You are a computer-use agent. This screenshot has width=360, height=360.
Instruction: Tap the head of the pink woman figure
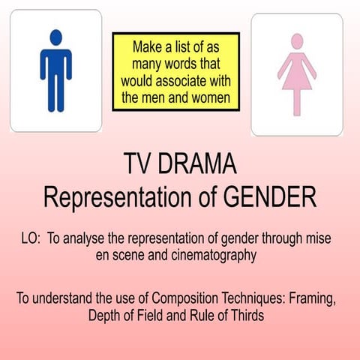[296, 40]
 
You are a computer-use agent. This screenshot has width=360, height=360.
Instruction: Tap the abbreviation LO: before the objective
[31, 238]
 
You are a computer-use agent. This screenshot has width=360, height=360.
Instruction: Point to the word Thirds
[244, 315]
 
